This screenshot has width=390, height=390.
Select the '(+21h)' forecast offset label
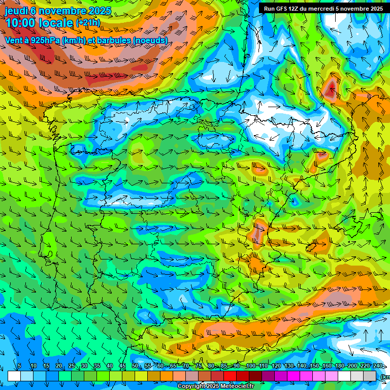click(x=88, y=23)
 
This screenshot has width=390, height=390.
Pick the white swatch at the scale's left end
click(x=14, y=376)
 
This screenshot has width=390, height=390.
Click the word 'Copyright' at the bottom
click(x=192, y=386)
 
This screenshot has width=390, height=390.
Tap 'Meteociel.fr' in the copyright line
click(x=237, y=386)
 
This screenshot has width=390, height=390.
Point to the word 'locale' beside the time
click(x=57, y=23)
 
